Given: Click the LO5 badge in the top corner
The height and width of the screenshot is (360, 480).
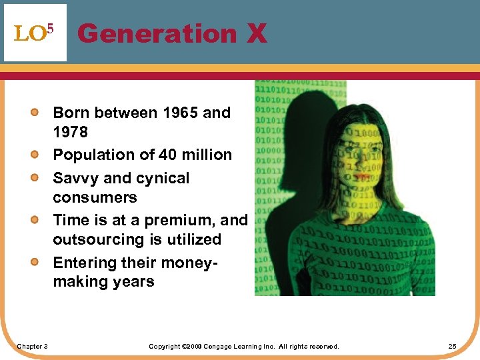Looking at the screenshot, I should [35, 33].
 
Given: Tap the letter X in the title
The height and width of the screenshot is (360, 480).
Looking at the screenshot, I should [257, 33].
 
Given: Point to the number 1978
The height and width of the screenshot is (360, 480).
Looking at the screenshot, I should [70, 132].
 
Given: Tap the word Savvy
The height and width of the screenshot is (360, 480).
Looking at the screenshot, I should [75, 178].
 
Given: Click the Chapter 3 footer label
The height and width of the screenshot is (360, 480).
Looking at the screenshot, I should [32, 346].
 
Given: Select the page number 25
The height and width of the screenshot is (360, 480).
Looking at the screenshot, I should [452, 346].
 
